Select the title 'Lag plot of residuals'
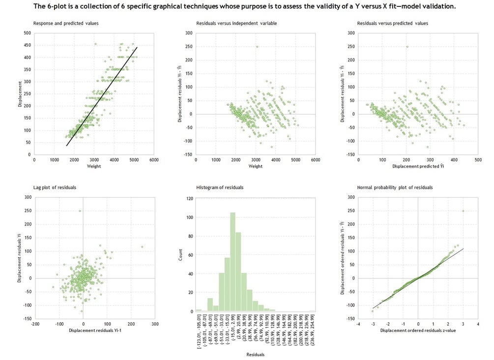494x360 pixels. click(x=54, y=188)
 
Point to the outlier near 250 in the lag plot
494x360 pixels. click(x=80, y=211)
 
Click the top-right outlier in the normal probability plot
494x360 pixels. click(x=463, y=211)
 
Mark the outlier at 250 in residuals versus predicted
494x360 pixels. click(x=407, y=47)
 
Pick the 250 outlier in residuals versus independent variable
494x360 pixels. click(x=257, y=47)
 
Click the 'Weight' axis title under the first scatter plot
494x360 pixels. click(x=94, y=166)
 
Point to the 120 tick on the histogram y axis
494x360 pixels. click(x=189, y=199)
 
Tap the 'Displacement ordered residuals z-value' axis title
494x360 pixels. click(x=418, y=331)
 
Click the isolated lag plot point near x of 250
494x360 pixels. click(x=142, y=247)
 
